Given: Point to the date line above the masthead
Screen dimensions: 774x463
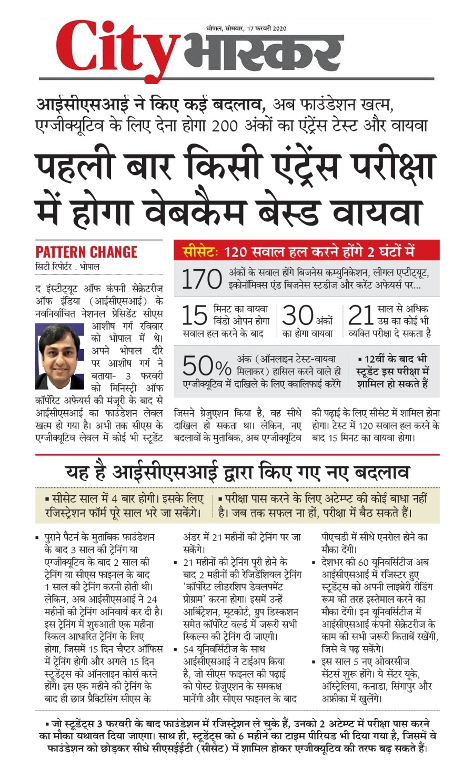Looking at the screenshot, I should [x=246, y=28].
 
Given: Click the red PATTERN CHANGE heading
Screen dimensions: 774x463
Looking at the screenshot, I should [x=86, y=252].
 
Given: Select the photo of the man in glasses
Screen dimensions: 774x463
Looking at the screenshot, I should [x=60, y=356].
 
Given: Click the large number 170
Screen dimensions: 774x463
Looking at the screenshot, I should [x=201, y=279].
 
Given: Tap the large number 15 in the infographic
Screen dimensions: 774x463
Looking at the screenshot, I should [x=194, y=315].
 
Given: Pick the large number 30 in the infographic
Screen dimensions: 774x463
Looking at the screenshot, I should [x=297, y=315].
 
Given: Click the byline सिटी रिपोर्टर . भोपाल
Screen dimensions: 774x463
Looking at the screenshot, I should [x=67, y=267].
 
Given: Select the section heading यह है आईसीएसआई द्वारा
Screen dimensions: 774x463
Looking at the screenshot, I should [x=237, y=472].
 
